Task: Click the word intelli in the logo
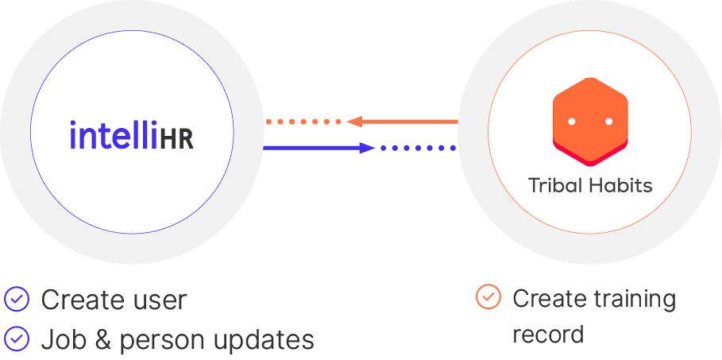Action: (x=114, y=135)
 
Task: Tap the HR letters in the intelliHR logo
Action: (x=176, y=137)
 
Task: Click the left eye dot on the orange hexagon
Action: (x=571, y=122)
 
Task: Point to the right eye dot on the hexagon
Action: (x=609, y=122)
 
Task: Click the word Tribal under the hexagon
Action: (x=555, y=186)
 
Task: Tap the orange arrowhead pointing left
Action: (x=353, y=122)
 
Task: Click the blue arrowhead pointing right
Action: (x=366, y=147)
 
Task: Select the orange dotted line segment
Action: (x=303, y=122)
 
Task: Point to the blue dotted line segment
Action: (x=418, y=147)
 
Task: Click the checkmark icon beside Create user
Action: (x=16, y=300)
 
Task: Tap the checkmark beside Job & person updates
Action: (x=16, y=339)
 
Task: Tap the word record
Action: (x=547, y=335)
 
